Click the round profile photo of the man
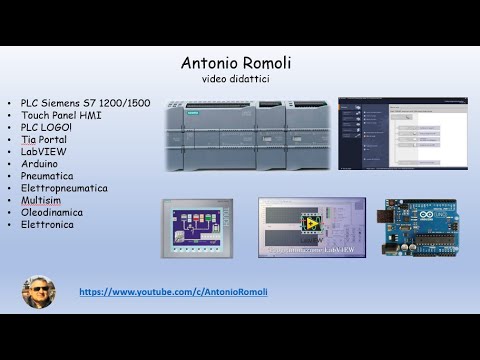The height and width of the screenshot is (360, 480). (x=38, y=292)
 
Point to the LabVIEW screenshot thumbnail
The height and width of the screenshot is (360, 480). (x=311, y=228)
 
